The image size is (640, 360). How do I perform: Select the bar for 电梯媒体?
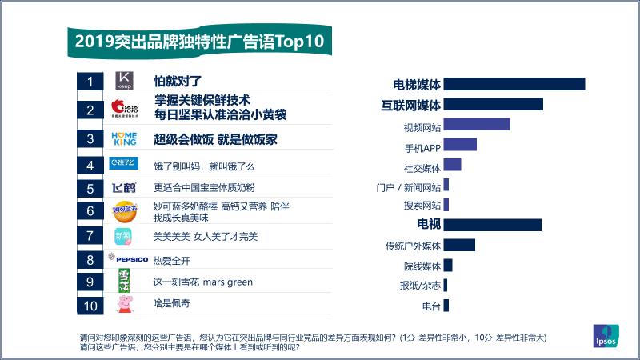click(x=514, y=84)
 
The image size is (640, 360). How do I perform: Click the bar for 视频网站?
click(x=476, y=124)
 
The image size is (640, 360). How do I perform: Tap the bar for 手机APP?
click(x=459, y=145)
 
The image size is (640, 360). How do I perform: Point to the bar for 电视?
click(x=492, y=224)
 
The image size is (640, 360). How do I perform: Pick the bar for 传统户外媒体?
click(x=458, y=245)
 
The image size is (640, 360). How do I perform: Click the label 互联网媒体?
click(x=411, y=105)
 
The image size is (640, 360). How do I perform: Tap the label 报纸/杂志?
click(x=420, y=286)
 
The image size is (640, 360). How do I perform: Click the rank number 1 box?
click(x=90, y=81)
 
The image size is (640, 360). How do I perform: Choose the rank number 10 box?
click(x=90, y=304)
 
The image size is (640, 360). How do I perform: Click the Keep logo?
click(x=124, y=81)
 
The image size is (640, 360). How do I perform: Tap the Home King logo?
click(x=124, y=138)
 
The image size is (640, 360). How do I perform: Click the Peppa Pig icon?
click(x=125, y=304)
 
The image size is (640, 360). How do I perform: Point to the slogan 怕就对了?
click(x=178, y=81)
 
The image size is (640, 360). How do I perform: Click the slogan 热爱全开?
click(x=172, y=261)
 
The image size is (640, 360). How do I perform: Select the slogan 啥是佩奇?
click(x=172, y=303)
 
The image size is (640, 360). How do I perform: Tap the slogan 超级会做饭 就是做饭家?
click(x=215, y=138)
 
